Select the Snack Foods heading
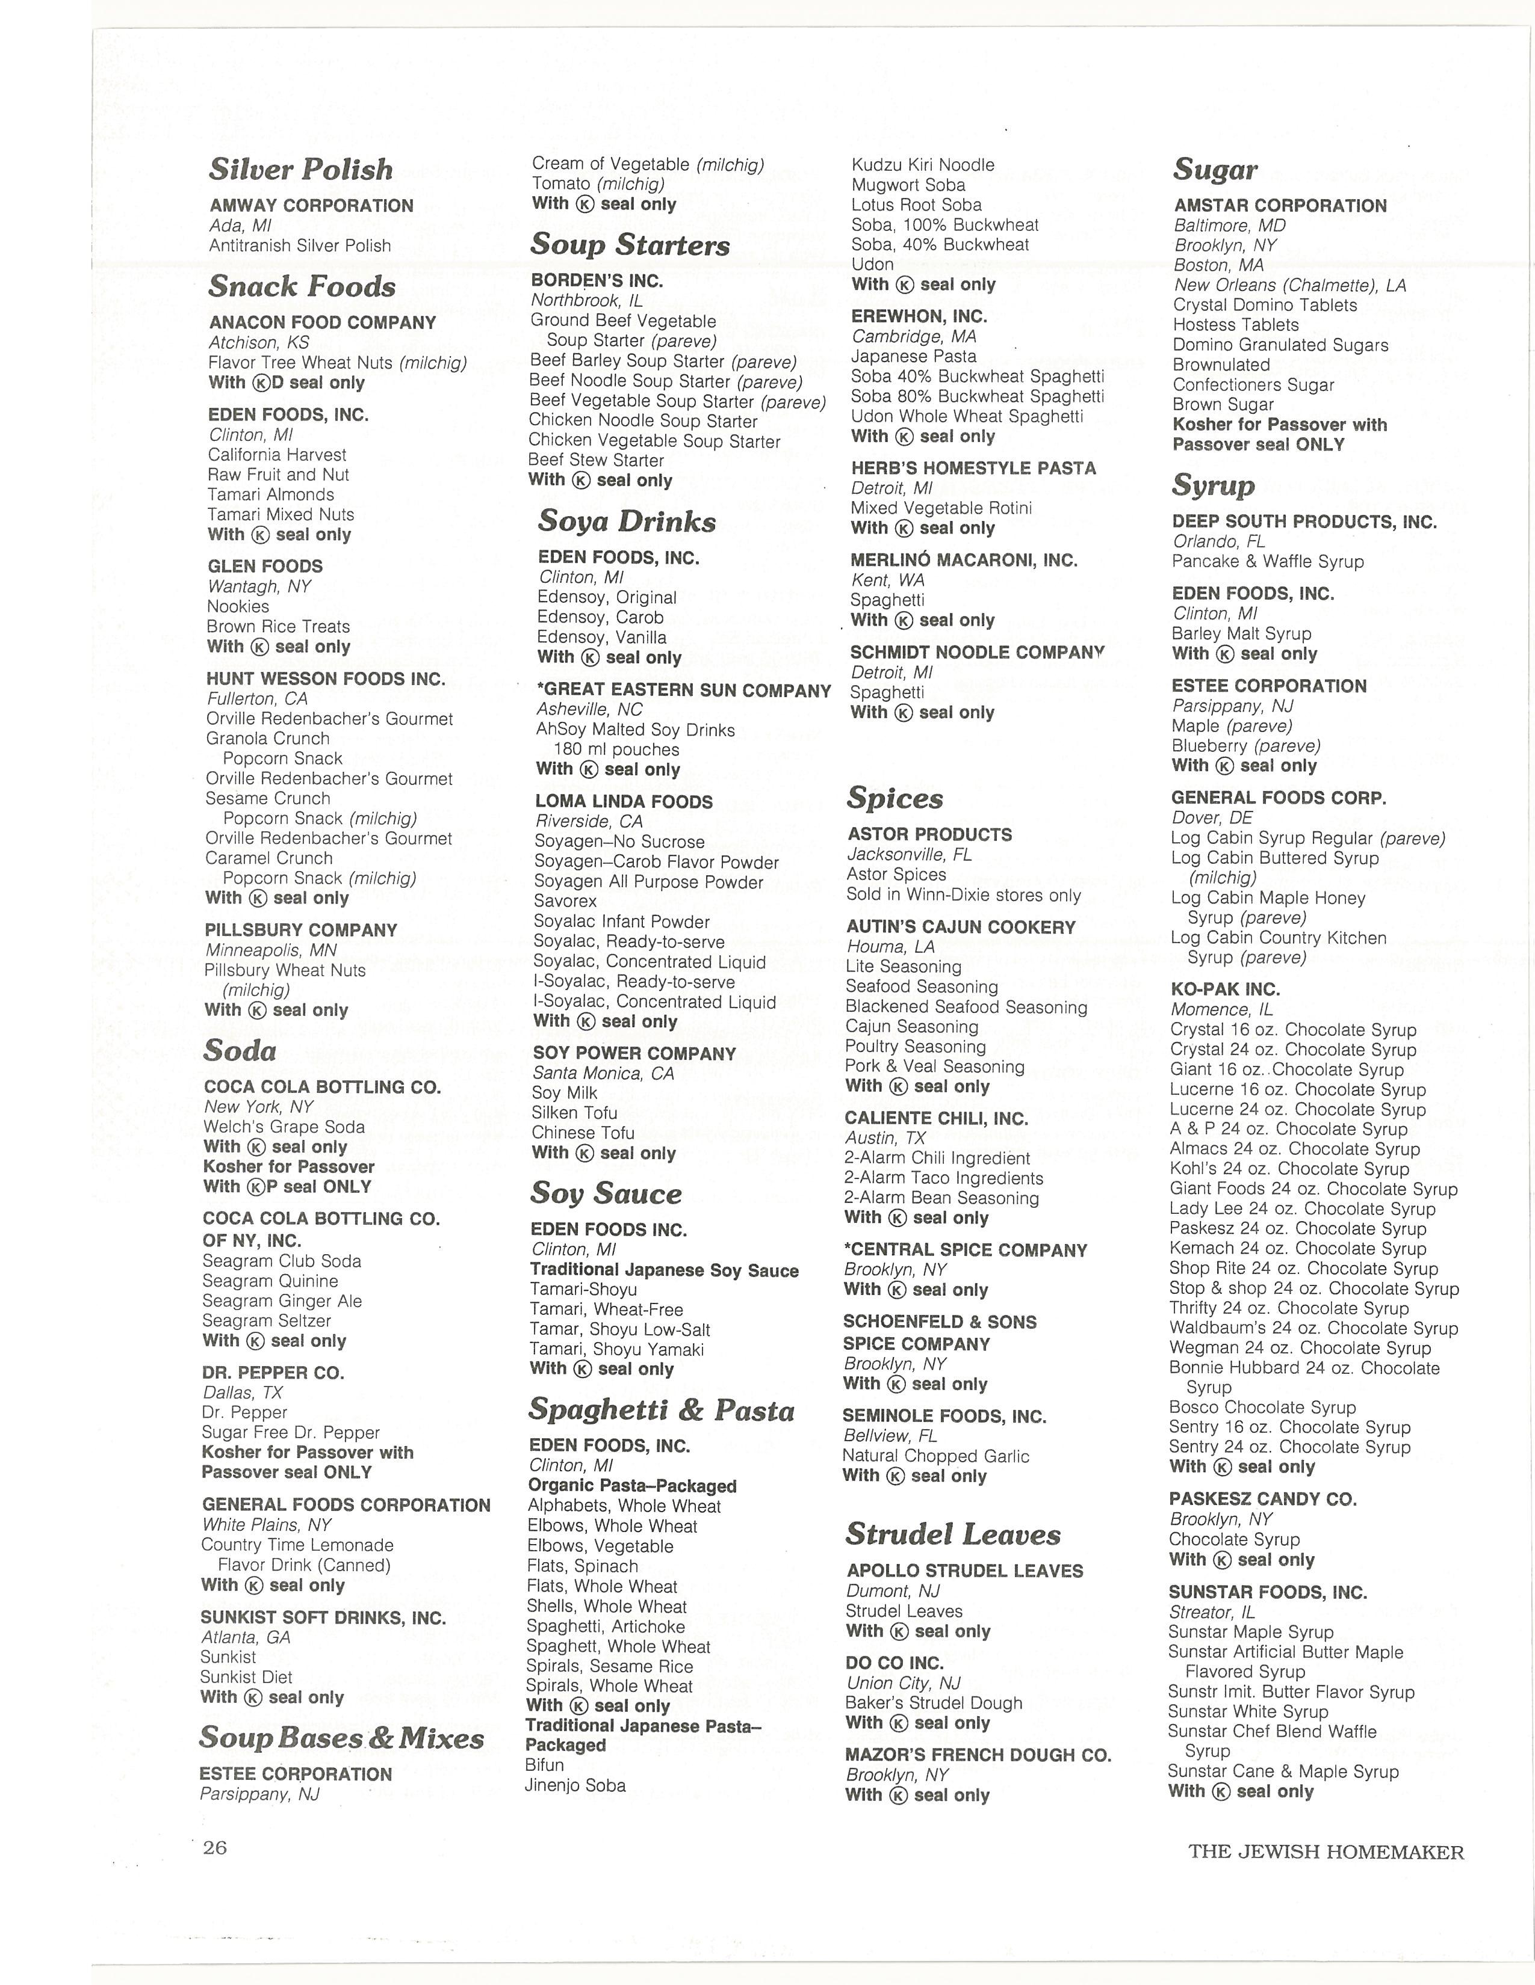[x=302, y=286]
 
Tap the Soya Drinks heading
[x=627, y=521]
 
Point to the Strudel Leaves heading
[x=953, y=1534]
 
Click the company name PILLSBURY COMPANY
[x=301, y=930]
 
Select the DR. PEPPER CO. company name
[x=273, y=1373]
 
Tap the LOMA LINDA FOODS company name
[x=624, y=802]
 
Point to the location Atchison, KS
[x=259, y=343]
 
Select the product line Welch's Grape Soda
[x=284, y=1127]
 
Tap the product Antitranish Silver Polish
[x=300, y=245]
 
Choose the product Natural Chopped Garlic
[x=935, y=1456]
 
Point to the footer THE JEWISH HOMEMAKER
[x=1326, y=1852]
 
